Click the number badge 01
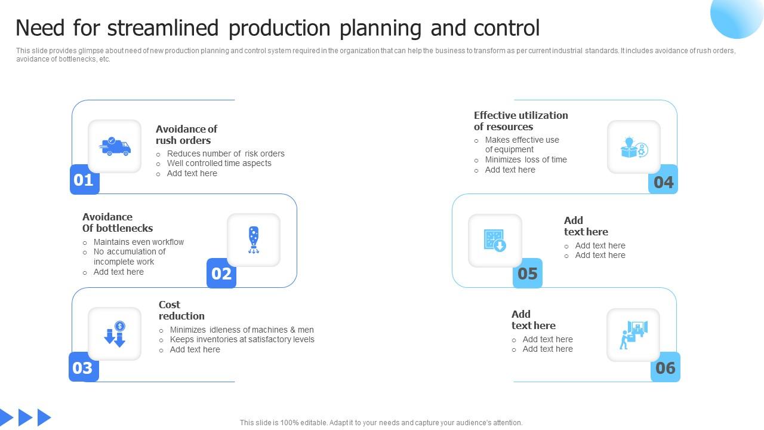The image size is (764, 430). click(84, 180)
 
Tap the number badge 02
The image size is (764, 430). click(221, 274)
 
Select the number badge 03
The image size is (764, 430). click(83, 367)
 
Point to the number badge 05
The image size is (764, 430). click(528, 274)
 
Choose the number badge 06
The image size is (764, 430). click(665, 367)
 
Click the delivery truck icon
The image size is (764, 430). click(115, 146)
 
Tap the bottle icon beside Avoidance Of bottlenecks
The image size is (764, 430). click(254, 240)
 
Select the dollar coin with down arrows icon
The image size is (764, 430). click(115, 334)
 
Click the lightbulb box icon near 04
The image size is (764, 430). click(634, 147)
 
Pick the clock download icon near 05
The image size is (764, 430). click(495, 240)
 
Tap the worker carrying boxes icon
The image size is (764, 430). click(633, 334)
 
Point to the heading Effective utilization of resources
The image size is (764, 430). click(521, 121)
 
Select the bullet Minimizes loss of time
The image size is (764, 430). click(526, 159)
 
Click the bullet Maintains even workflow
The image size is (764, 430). click(138, 242)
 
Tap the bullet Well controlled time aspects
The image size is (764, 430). click(219, 163)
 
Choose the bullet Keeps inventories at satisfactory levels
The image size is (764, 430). click(242, 339)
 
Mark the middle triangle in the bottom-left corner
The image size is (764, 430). click(25, 417)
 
